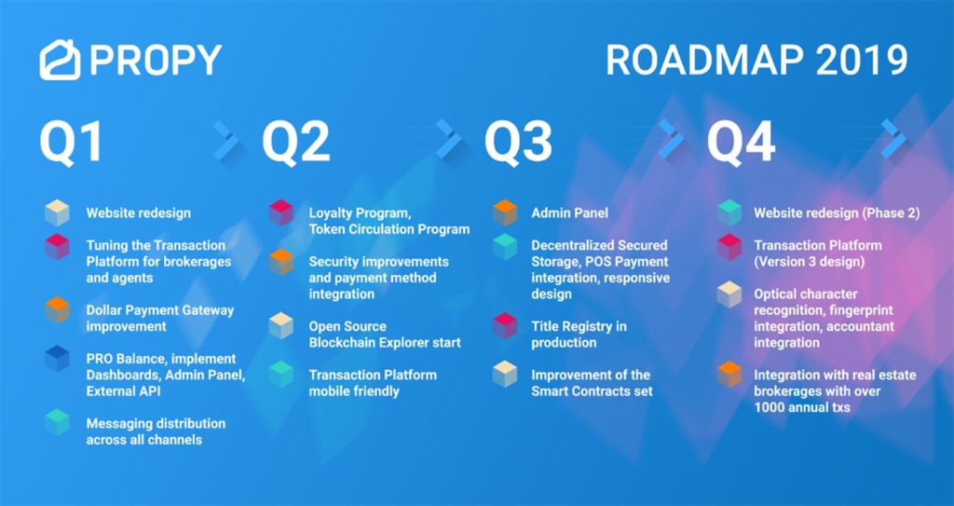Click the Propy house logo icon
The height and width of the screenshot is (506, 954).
(60, 60)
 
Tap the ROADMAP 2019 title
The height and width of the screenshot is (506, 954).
(756, 61)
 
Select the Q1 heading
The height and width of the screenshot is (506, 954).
(71, 142)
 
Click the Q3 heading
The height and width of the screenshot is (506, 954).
(518, 142)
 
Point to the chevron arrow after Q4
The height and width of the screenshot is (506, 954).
(893, 139)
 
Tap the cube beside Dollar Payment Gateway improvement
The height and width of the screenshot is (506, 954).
(57, 310)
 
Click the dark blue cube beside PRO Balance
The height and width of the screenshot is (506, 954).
(57, 358)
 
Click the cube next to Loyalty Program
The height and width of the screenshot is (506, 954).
(281, 213)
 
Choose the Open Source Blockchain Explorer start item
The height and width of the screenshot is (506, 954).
(385, 335)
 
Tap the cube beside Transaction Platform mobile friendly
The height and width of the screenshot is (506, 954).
(281, 375)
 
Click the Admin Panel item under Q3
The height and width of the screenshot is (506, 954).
(569, 213)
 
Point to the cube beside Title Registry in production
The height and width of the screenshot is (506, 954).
(505, 326)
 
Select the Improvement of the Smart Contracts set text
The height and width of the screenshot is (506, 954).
(592, 383)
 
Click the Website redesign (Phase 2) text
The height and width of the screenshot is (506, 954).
(837, 213)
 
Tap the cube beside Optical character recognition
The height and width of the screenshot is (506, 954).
(729, 294)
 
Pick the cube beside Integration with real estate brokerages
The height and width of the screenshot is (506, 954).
(729, 374)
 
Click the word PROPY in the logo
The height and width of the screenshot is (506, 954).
(156, 60)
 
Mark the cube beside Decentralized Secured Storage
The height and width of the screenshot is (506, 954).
(505, 246)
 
